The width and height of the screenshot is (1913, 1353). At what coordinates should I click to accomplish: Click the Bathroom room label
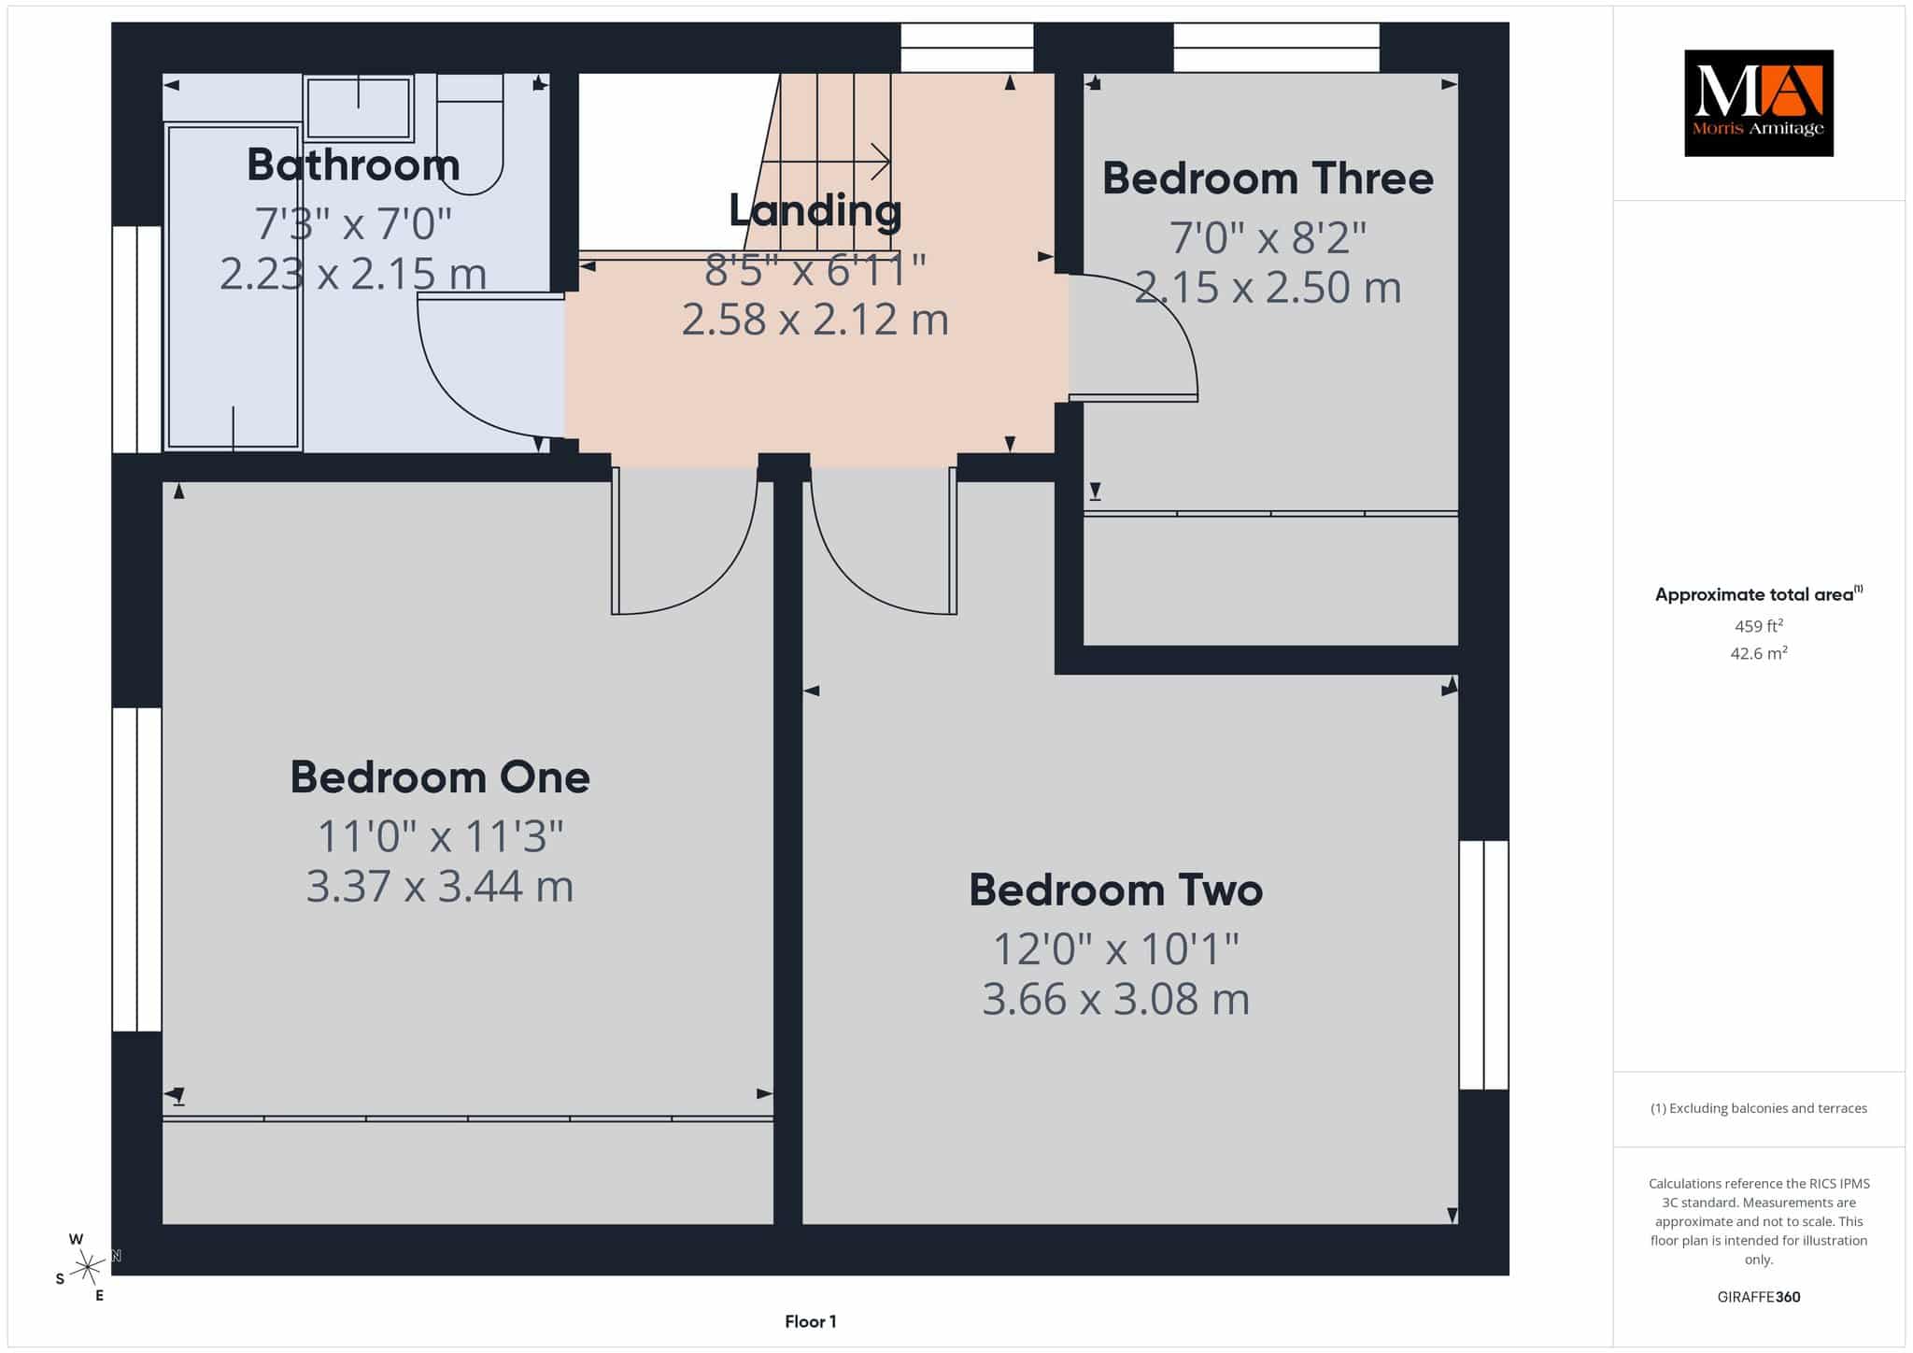pos(353,164)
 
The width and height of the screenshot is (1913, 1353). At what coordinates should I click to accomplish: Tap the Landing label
pos(815,211)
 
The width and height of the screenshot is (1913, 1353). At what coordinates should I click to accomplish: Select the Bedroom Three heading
pos(1268,178)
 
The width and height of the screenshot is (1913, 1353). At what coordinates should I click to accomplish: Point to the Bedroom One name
pos(440,777)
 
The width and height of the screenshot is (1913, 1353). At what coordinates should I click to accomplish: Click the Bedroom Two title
pos(1115,890)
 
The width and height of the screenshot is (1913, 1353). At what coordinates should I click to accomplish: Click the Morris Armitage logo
pos(1758,103)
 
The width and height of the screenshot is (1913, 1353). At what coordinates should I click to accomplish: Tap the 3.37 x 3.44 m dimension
pos(440,886)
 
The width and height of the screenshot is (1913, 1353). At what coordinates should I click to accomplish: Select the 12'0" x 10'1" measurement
pos(1115,949)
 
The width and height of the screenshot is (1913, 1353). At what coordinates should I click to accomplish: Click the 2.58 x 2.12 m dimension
pos(815,320)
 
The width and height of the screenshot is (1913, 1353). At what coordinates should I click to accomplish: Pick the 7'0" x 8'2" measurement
pos(1268,237)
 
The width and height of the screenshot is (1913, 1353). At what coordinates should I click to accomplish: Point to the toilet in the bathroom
pos(471,135)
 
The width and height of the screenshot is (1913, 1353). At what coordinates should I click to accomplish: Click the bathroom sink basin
pos(359,108)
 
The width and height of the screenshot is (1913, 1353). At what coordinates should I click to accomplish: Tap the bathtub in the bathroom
pos(233,287)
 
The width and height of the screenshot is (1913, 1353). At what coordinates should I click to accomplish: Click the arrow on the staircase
pos(826,161)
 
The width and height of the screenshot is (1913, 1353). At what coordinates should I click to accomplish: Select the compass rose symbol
pos(88,1267)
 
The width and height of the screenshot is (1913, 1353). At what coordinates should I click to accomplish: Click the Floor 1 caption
pos(811,1321)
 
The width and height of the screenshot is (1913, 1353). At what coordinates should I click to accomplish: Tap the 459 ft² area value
pos(1759,626)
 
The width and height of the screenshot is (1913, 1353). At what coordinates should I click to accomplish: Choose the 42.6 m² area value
pos(1759,653)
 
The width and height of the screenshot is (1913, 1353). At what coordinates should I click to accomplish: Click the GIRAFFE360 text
pos(1759,1297)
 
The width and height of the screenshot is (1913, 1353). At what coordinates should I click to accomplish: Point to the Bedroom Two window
pos(1483,965)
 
